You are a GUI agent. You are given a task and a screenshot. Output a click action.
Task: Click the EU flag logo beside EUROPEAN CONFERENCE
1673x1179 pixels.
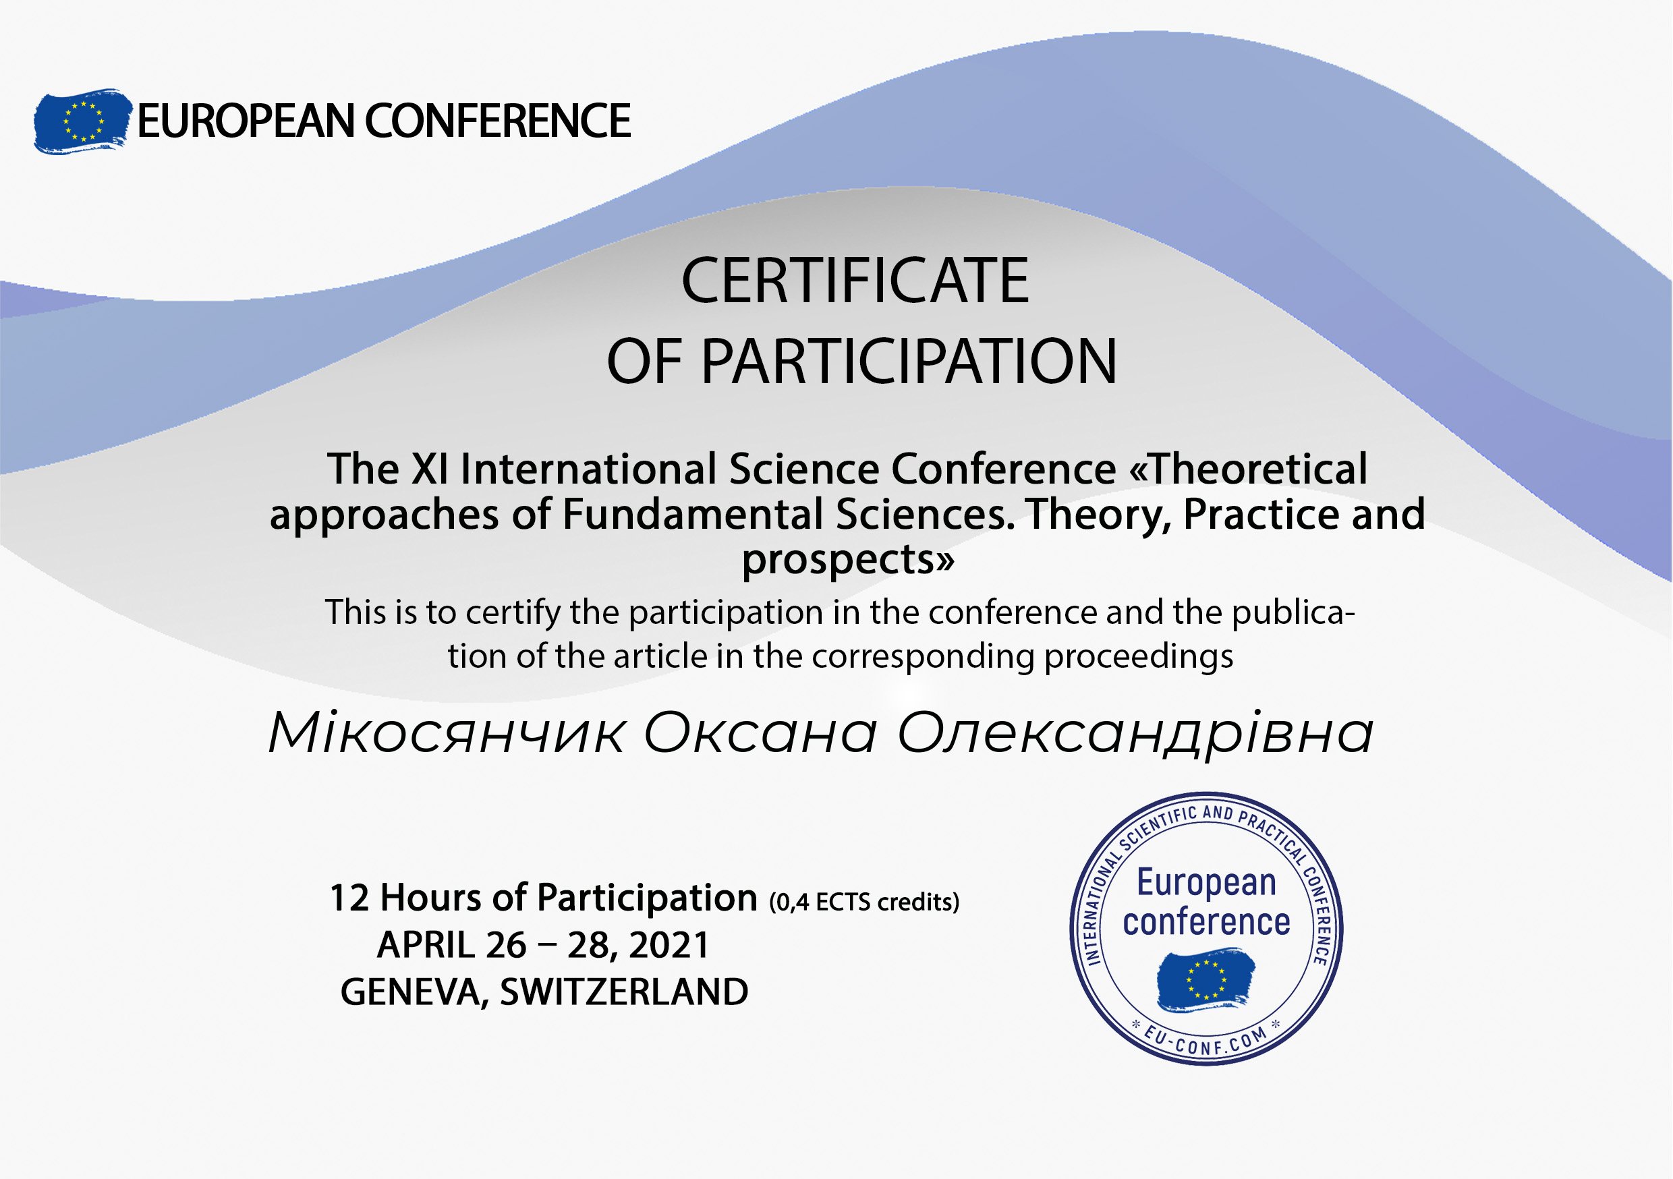[82, 121]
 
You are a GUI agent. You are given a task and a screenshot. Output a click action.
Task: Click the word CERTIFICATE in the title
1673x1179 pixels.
[855, 281]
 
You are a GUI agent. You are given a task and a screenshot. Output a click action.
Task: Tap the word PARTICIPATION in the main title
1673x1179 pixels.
[909, 362]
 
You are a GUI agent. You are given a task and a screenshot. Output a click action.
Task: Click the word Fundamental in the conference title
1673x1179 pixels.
[692, 515]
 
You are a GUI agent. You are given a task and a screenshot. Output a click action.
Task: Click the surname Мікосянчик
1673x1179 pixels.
[447, 733]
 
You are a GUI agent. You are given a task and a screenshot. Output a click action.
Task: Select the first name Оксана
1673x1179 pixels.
[760, 734]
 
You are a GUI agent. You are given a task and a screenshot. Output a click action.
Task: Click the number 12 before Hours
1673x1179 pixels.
[349, 898]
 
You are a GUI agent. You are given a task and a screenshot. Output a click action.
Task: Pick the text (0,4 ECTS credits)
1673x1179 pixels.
[864, 902]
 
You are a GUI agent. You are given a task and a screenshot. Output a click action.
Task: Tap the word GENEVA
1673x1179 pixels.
[415, 991]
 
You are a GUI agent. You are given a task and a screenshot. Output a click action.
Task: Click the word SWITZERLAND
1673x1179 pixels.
[624, 991]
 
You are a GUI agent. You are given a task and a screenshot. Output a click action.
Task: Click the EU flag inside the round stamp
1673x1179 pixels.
[1206, 979]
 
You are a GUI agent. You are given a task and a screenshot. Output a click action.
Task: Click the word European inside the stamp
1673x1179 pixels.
[1207, 883]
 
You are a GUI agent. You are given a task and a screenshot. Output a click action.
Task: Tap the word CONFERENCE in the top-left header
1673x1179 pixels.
[498, 121]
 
